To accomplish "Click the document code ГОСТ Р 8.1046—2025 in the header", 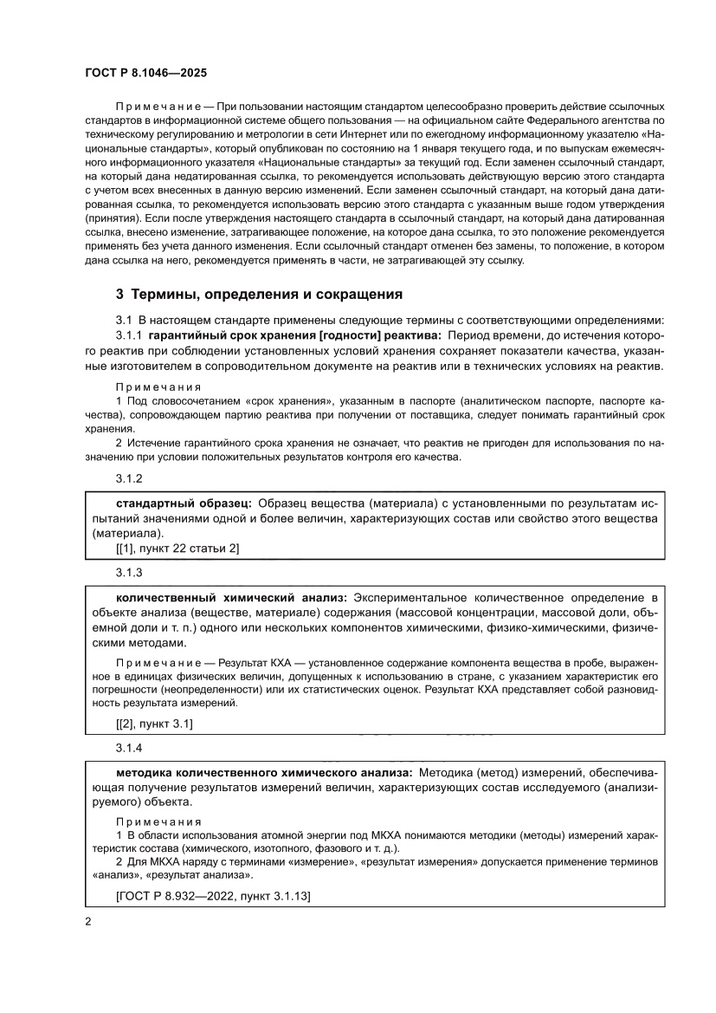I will click(145, 74).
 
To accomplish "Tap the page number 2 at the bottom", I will click(88, 922).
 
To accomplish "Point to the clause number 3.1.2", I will click(129, 478).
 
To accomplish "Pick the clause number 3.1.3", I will click(129, 573).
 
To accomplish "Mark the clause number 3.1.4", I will click(129, 747).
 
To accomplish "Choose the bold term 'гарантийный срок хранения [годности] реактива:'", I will click(294, 335).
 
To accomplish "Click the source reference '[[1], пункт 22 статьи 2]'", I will click(177, 549).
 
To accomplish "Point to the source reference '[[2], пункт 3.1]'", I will click(155, 723).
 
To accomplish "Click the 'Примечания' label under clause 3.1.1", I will click(158, 387).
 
